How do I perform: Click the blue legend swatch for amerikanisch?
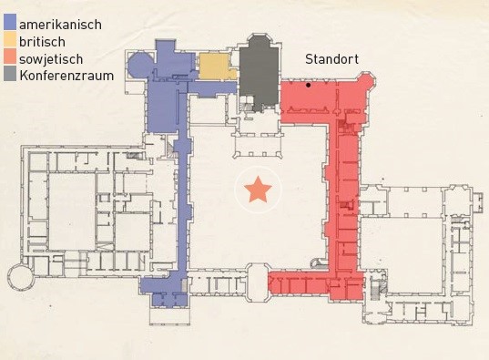click(x=10, y=22)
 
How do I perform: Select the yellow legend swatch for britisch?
click(x=10, y=39)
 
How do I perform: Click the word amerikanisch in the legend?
click(x=60, y=25)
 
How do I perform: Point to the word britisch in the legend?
click(x=43, y=42)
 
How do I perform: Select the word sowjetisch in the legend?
click(x=51, y=59)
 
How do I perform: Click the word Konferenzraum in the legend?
click(x=66, y=76)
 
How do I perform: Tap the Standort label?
click(x=331, y=59)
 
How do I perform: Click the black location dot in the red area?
click(x=308, y=85)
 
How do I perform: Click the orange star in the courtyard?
click(x=258, y=190)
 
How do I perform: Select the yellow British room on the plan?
click(x=217, y=66)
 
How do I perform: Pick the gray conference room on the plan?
click(x=259, y=74)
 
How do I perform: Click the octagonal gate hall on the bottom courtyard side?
click(x=257, y=283)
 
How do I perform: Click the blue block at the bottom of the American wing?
click(x=164, y=291)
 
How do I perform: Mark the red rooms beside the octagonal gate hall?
click(x=299, y=283)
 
